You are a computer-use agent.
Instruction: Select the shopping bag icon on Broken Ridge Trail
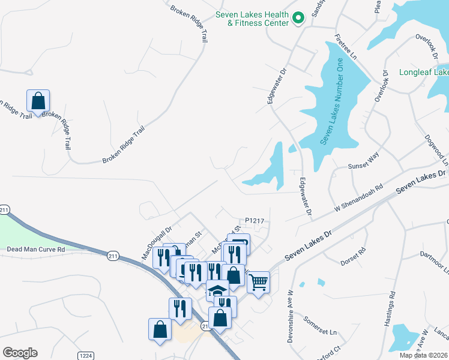click(38, 101)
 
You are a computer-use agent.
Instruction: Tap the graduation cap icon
click(217, 291)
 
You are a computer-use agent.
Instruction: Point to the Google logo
click(20, 353)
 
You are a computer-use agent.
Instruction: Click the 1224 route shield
click(85, 356)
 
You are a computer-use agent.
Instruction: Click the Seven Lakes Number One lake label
click(332, 101)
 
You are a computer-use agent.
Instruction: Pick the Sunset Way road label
click(364, 160)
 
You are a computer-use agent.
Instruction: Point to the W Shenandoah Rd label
click(358, 198)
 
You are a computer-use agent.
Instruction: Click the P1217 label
click(255, 221)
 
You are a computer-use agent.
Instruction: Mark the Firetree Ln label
click(346, 46)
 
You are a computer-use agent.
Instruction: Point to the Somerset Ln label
click(320, 326)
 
